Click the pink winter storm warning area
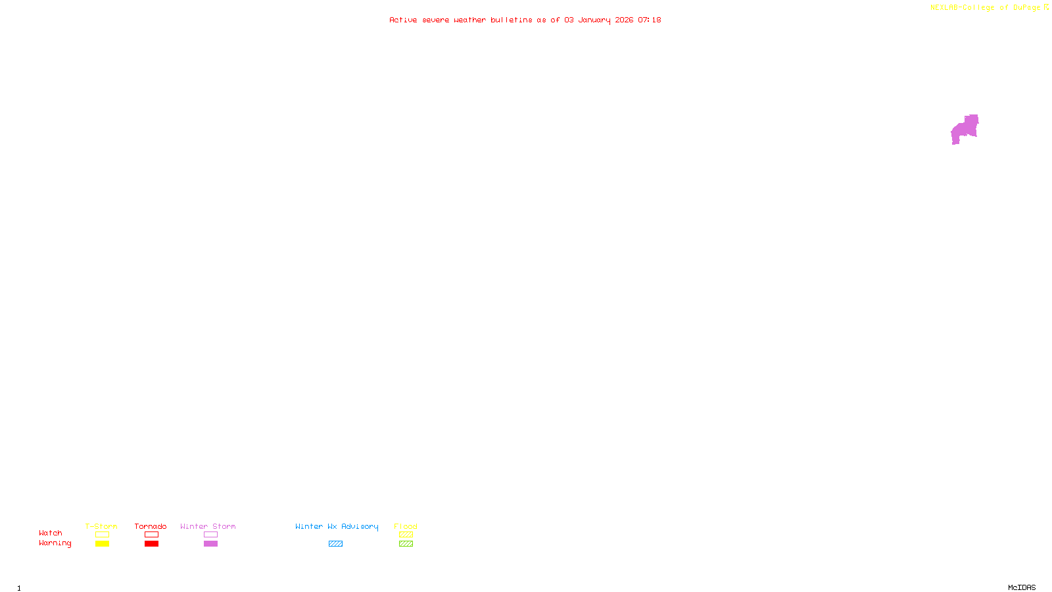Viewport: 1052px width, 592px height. [x=965, y=129]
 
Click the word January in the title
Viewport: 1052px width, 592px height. [x=594, y=20]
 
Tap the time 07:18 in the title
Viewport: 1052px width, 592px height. [x=649, y=20]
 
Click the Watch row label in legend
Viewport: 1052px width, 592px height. [x=51, y=533]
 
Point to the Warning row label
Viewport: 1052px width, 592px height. [x=55, y=543]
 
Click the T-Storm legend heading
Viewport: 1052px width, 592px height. [x=101, y=526]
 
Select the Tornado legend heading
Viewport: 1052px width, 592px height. [x=151, y=526]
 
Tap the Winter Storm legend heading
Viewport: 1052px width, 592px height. [x=208, y=526]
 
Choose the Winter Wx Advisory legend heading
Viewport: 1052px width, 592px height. [x=337, y=526]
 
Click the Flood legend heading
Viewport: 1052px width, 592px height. [x=406, y=526]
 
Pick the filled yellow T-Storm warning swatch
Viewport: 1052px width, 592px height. [x=102, y=544]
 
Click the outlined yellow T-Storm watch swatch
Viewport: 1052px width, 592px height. [x=102, y=535]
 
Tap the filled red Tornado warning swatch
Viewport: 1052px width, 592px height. [x=151, y=544]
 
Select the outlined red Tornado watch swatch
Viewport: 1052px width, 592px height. [x=151, y=535]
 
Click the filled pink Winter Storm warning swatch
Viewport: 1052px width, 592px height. [x=210, y=544]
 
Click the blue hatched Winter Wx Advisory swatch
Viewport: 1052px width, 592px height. [x=335, y=544]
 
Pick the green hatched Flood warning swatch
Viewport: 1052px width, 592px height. [x=406, y=544]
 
